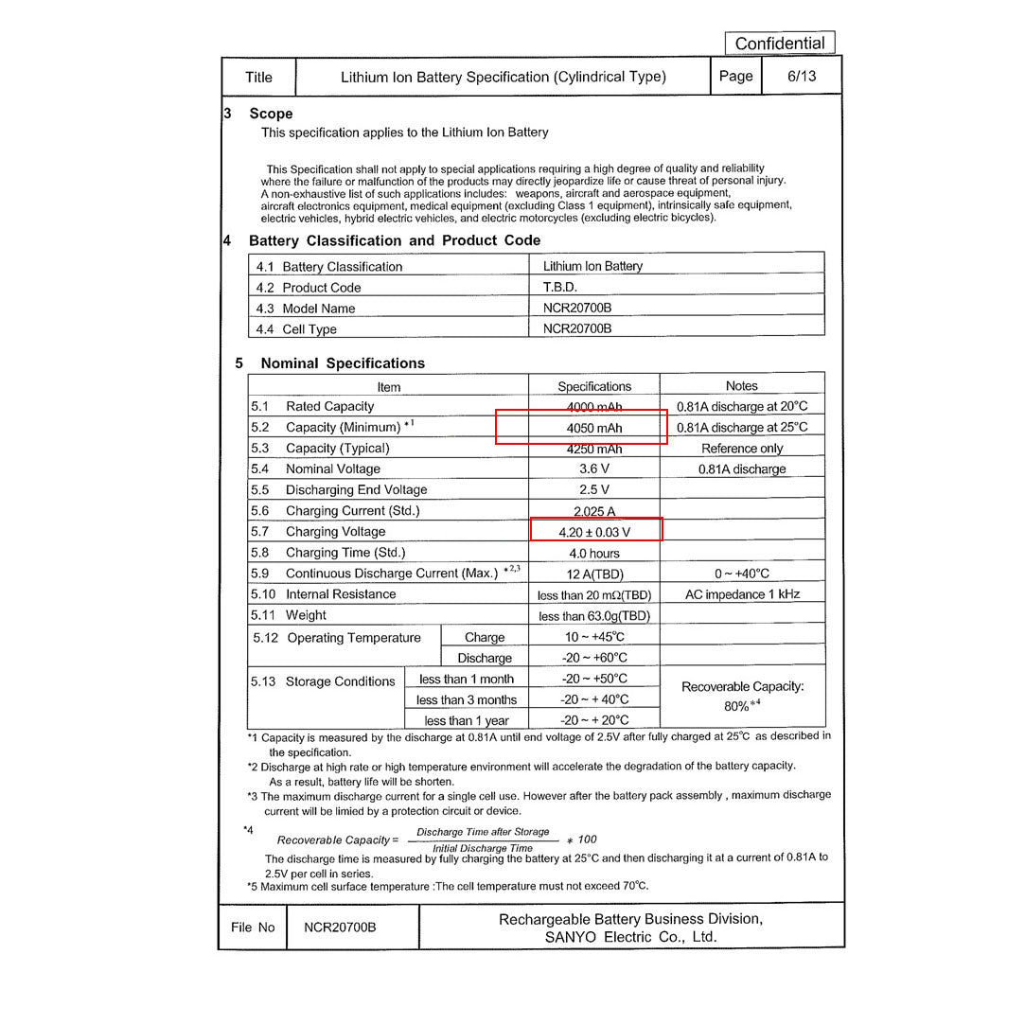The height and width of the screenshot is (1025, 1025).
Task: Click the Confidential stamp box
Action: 780,44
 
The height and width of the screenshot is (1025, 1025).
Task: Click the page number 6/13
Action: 801,77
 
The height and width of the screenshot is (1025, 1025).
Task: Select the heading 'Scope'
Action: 271,114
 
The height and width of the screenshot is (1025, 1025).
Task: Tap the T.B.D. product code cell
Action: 560,287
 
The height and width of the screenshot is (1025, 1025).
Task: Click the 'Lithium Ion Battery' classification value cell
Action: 592,266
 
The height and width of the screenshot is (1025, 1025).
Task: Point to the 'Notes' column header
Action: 741,386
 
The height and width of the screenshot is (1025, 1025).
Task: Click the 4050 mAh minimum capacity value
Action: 594,428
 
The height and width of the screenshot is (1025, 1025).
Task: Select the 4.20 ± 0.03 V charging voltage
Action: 594,532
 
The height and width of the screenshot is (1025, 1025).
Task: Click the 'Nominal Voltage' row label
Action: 333,469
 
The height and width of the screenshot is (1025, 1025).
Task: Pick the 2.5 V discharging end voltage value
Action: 594,490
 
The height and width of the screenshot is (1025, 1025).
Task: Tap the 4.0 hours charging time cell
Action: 594,553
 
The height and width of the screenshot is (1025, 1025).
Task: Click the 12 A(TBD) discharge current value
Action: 594,574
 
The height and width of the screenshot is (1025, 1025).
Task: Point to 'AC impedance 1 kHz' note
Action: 742,594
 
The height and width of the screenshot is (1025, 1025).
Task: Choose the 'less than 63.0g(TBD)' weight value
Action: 594,616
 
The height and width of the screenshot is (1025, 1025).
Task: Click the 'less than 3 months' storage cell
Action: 467,700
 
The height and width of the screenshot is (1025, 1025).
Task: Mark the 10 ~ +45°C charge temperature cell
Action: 594,637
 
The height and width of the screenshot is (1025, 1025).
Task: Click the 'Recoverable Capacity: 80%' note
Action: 742,696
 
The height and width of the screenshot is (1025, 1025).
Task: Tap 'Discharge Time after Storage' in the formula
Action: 483,832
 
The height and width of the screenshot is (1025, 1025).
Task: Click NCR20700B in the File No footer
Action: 340,928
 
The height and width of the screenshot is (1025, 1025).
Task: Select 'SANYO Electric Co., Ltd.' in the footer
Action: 630,937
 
